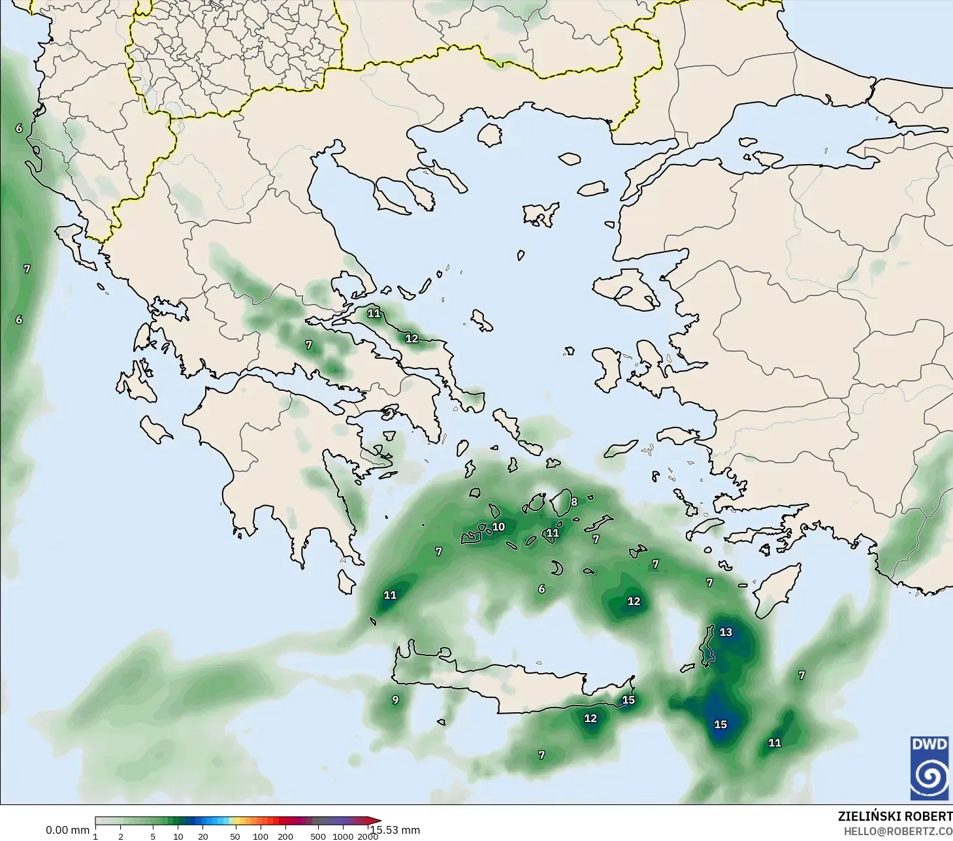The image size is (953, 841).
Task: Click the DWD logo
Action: pyautogui.click(x=930, y=768)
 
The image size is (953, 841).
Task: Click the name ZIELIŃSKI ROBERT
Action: pyautogui.click(x=895, y=817)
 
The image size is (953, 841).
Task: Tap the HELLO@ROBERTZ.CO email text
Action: pyautogui.click(x=898, y=832)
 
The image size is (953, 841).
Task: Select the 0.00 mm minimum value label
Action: pyautogui.click(x=67, y=831)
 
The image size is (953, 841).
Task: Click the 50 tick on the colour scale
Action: pyautogui.click(x=235, y=836)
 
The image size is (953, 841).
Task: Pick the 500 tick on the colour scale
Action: pyautogui.click(x=318, y=836)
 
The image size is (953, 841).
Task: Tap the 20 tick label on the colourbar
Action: pyautogui.click(x=203, y=836)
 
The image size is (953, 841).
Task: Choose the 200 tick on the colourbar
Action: pyautogui.click(x=285, y=836)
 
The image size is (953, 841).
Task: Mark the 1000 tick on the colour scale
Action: pyautogui.click(x=343, y=836)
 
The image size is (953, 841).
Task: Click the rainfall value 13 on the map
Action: pyautogui.click(x=726, y=632)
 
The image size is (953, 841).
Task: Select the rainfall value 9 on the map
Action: pyautogui.click(x=395, y=700)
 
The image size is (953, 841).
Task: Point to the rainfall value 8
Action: pyautogui.click(x=574, y=502)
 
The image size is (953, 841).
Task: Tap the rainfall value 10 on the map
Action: pyautogui.click(x=498, y=527)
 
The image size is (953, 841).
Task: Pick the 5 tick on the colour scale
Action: pyautogui.click(x=153, y=836)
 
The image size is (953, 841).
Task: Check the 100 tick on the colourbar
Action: pyautogui.click(x=261, y=836)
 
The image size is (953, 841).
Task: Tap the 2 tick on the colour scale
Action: pyautogui.click(x=121, y=836)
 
